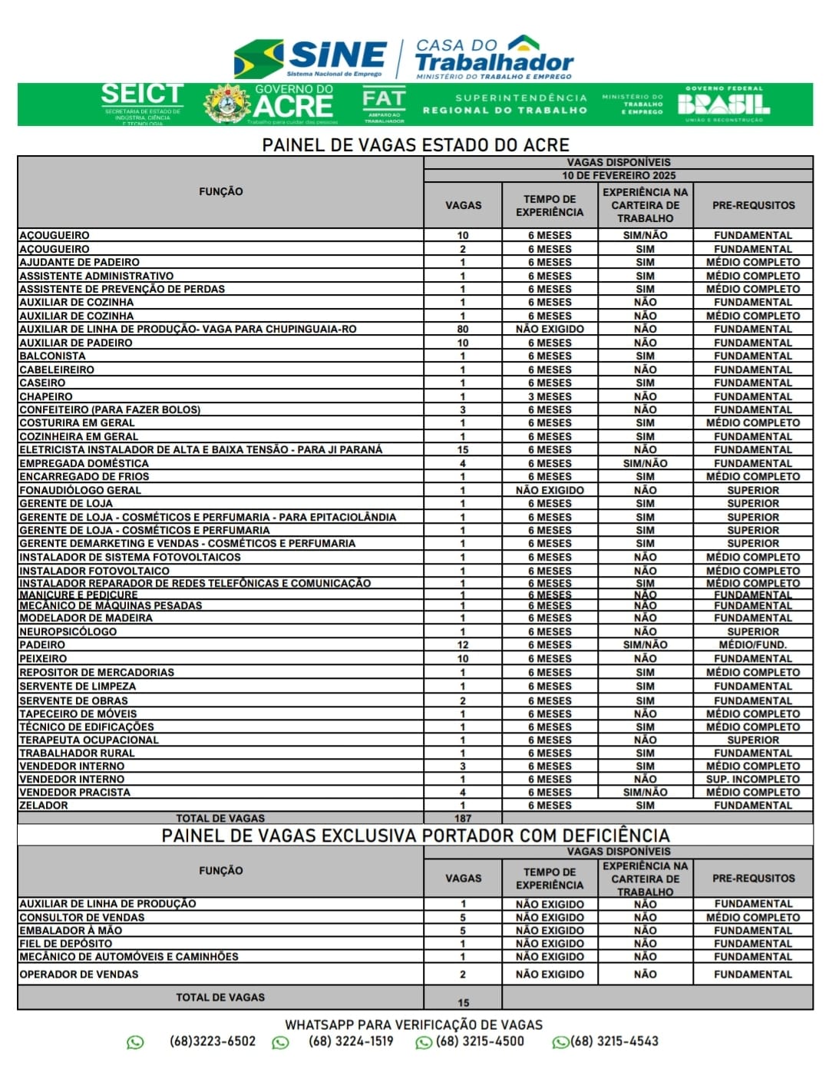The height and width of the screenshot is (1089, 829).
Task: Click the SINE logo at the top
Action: click(311, 58)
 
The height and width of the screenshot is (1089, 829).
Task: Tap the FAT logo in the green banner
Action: click(384, 104)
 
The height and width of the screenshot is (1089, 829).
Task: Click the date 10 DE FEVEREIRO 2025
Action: click(619, 175)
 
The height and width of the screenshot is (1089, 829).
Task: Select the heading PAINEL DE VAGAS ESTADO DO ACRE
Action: click(415, 144)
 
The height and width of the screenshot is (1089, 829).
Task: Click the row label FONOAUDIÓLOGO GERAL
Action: click(81, 490)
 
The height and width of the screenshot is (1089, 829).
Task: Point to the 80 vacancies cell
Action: click(463, 329)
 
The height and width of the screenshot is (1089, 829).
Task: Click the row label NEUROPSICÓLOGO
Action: click(68, 631)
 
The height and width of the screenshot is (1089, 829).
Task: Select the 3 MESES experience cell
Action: click(550, 396)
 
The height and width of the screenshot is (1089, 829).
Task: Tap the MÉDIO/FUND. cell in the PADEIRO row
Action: click(752, 645)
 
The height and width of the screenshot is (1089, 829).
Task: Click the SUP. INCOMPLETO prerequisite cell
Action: click(752, 779)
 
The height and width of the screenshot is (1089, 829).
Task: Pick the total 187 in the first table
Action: click(463, 818)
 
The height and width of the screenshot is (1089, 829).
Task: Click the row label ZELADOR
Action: click(44, 805)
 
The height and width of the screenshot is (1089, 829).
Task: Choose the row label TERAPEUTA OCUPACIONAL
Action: click(89, 740)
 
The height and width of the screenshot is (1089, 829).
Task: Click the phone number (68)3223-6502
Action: click(213, 1041)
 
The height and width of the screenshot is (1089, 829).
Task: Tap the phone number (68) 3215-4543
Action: click(614, 1041)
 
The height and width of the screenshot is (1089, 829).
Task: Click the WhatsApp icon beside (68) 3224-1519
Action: click(281, 1042)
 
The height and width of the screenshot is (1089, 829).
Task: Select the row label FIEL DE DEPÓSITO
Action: click(66, 943)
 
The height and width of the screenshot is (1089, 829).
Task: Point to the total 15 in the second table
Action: click(463, 1002)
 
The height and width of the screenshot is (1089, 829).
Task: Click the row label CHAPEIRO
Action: click(46, 396)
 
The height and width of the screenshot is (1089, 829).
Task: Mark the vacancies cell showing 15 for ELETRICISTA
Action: click(463, 449)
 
